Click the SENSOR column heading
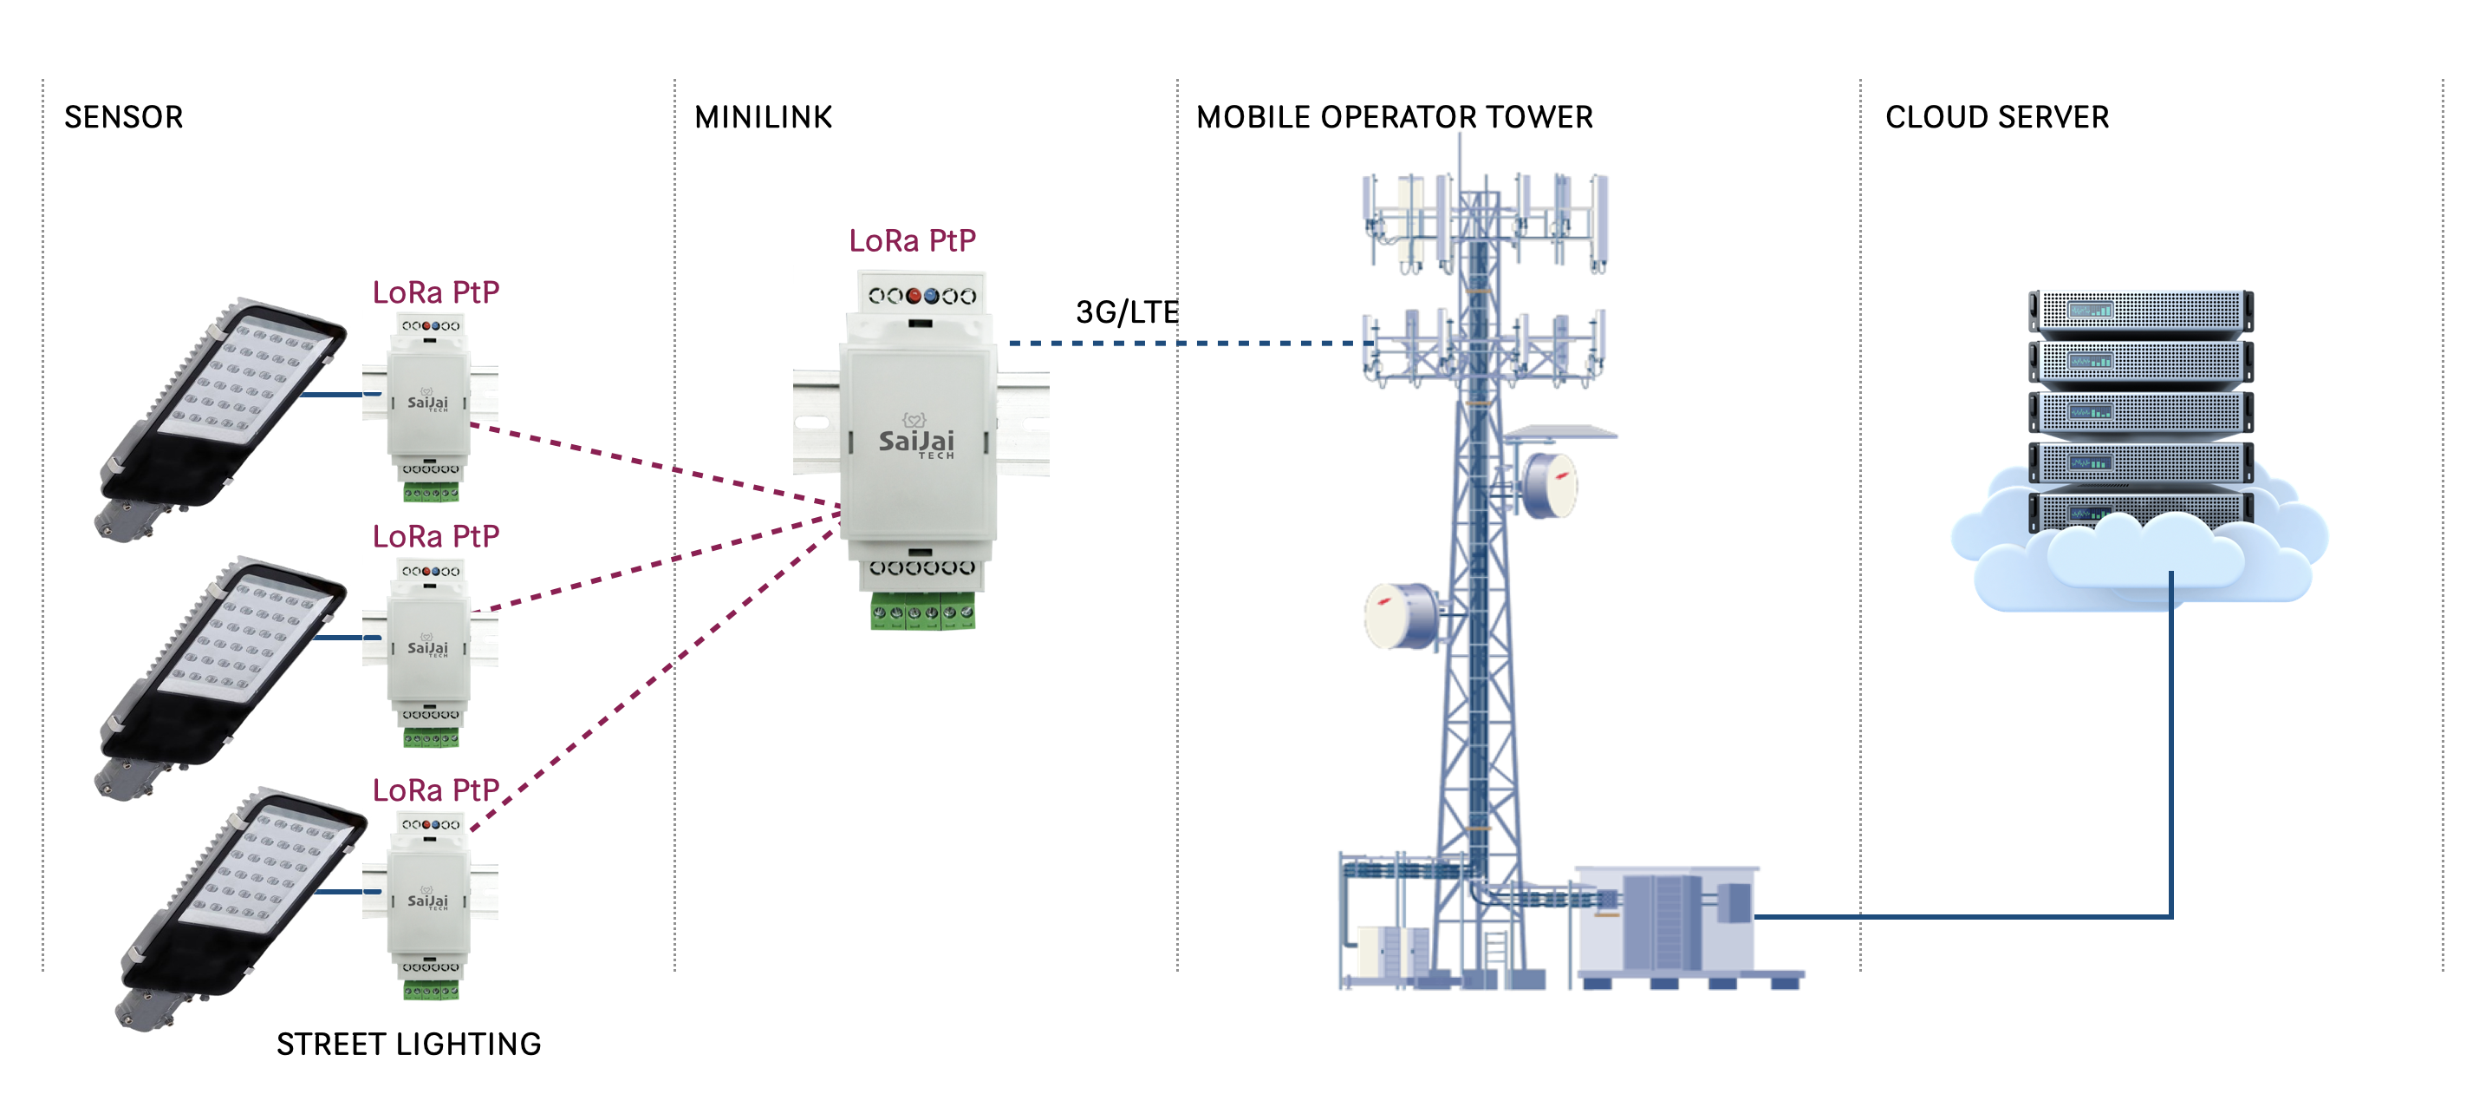point(124,117)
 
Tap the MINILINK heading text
point(763,117)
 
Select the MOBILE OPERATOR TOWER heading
point(1394,117)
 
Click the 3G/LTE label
point(1126,311)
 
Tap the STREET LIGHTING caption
point(408,1044)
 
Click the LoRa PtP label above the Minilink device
point(912,240)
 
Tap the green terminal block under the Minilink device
point(921,613)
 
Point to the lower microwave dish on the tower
point(1399,614)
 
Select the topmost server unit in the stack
point(2139,311)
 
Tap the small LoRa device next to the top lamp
point(429,405)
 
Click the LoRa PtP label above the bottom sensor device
point(435,789)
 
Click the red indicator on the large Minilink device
point(913,297)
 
